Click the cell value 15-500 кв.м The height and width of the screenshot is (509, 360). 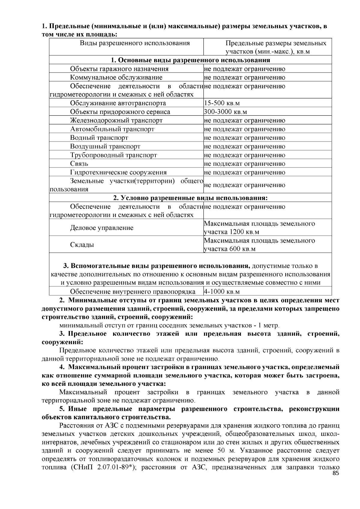coord(222,103)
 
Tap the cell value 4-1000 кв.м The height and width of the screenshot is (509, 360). coord(222,292)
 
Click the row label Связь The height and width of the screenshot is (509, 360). coord(79,164)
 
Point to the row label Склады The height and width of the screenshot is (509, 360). coord(82,245)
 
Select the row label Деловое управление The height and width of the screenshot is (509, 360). coord(101,228)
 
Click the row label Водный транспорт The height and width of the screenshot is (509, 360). coord(99,138)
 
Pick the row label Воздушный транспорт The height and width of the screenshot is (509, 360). coord(105,147)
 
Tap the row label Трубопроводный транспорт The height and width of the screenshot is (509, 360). coord(113,155)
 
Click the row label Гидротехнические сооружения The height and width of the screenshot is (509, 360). coord(118,172)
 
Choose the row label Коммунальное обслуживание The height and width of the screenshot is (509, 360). coord(116,78)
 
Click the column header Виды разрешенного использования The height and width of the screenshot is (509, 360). coord(135,43)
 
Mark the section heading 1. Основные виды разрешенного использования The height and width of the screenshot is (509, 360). coord(190,60)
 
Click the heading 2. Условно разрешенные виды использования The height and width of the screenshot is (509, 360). coord(190,198)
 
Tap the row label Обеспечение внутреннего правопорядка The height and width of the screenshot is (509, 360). coord(133,292)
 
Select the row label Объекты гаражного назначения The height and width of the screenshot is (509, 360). coord(119,69)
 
